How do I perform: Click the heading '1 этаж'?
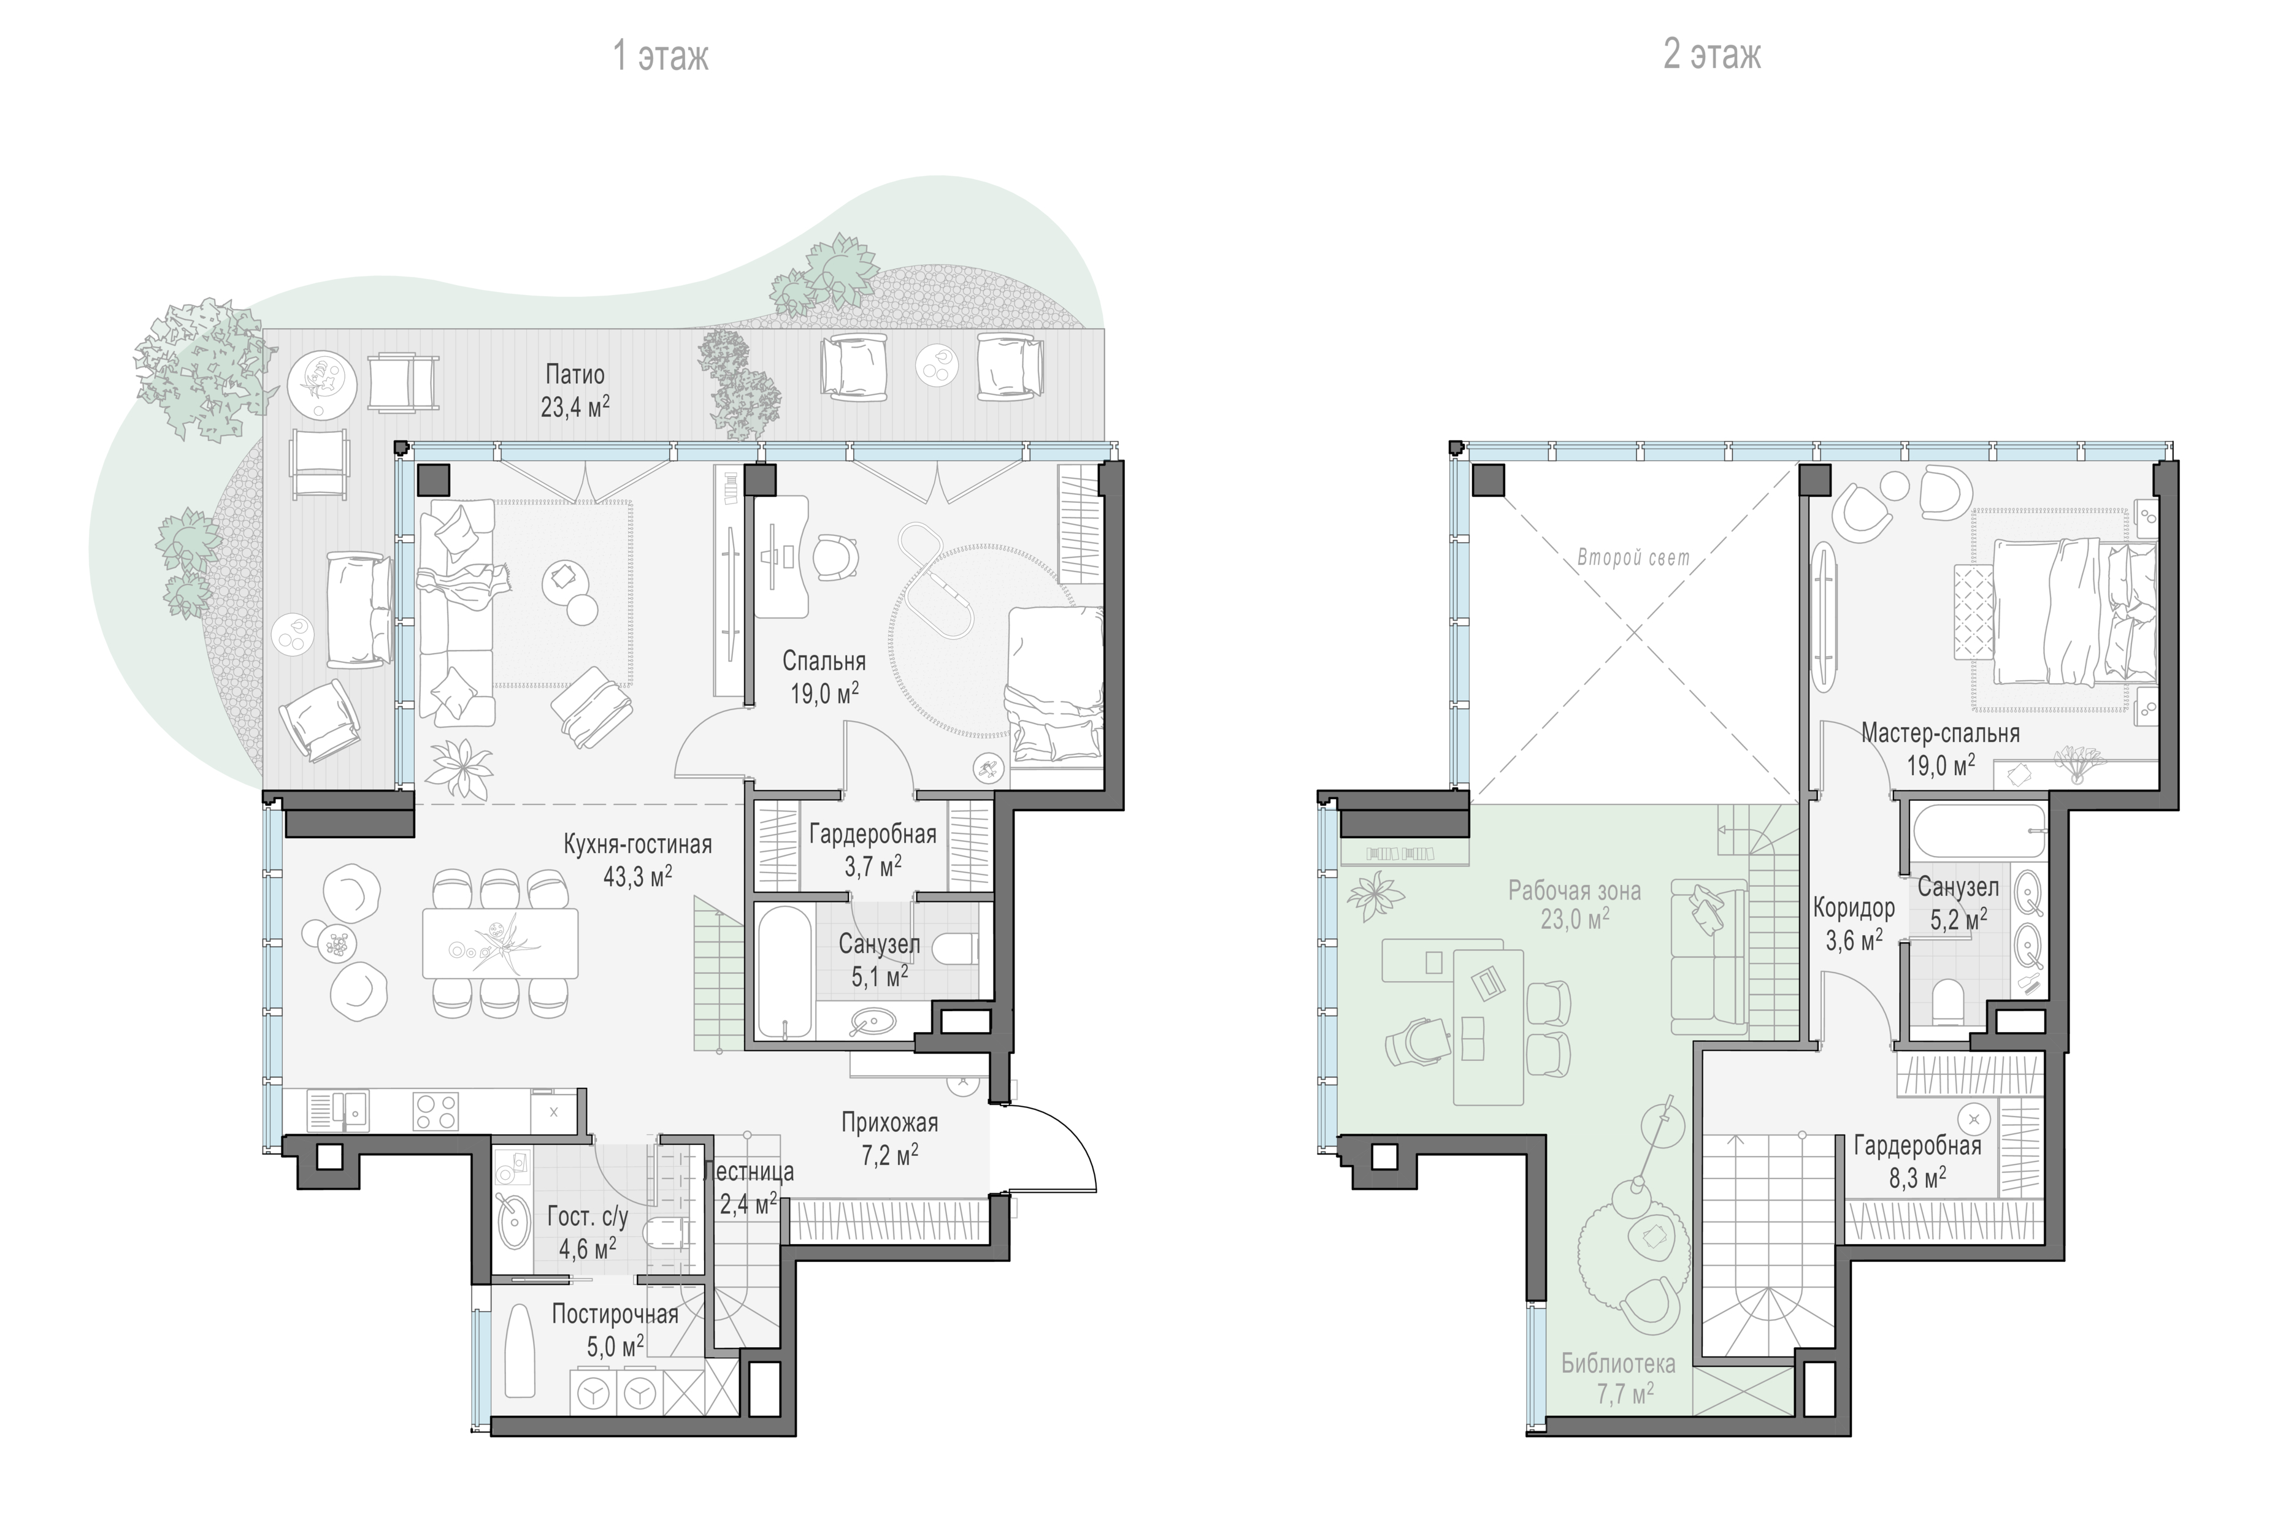(660, 56)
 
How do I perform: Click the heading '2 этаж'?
(1712, 55)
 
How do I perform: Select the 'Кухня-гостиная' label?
(637, 844)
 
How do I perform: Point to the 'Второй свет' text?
(1633, 558)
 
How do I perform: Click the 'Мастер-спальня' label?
(1941, 732)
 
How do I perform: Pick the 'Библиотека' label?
(1618, 1364)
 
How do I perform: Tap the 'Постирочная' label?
(615, 1313)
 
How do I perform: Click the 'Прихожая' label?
(889, 1122)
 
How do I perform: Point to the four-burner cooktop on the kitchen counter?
(436, 1111)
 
